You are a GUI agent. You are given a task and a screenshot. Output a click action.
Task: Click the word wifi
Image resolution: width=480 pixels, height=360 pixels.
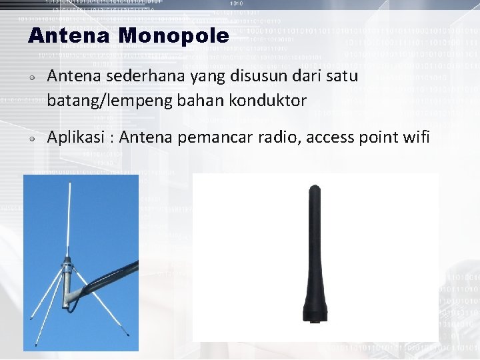point(416,137)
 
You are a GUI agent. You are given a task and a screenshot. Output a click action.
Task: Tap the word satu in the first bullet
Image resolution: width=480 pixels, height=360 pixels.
point(342,77)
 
